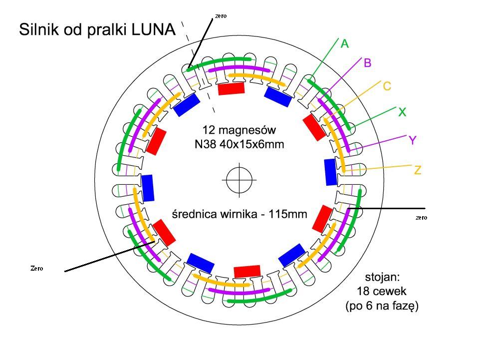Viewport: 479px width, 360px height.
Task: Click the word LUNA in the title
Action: click(154, 30)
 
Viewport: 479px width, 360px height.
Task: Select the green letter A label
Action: click(345, 44)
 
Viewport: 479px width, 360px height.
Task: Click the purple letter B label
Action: click(368, 63)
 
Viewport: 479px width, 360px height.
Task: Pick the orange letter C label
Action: click(387, 86)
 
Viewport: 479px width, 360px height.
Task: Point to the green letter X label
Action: click(402, 113)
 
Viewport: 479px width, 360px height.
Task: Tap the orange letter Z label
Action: click(418, 171)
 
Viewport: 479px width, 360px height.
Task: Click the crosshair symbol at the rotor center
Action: click(239, 179)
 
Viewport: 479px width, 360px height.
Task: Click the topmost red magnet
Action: click(232, 89)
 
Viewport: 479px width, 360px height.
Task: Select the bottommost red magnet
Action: click(247, 271)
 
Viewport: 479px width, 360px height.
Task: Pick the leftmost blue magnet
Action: click(148, 188)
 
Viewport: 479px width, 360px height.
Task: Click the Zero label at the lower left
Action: click(37, 268)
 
